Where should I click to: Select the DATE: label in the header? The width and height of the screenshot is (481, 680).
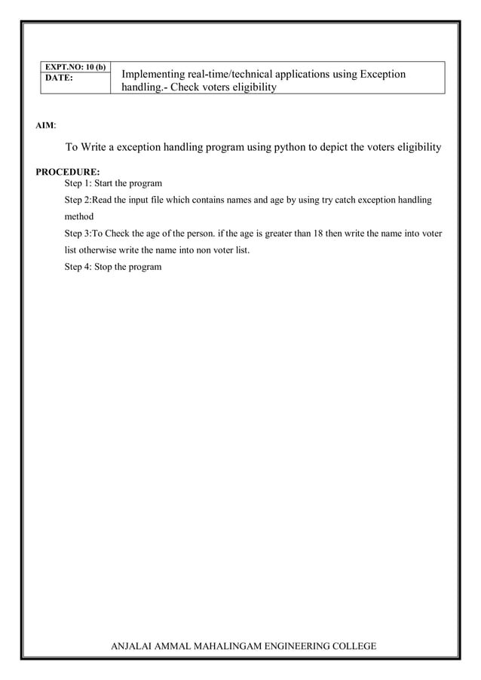(x=59, y=78)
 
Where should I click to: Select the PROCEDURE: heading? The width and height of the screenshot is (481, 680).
(x=68, y=172)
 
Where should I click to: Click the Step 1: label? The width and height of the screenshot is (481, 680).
(x=80, y=183)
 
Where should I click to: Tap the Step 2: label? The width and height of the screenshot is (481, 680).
(x=78, y=200)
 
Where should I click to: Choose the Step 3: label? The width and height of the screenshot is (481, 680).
(x=78, y=233)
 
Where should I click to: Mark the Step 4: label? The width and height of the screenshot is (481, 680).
(x=80, y=266)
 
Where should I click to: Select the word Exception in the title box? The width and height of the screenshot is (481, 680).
(x=382, y=74)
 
